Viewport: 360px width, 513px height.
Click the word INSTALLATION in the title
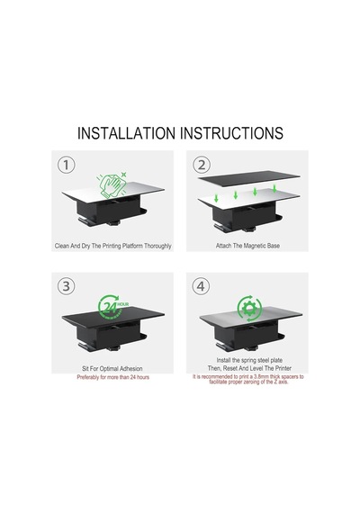(126, 133)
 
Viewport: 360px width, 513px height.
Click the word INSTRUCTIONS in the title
(231, 133)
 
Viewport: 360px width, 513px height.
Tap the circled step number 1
(66, 165)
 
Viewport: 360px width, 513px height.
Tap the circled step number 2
(201, 165)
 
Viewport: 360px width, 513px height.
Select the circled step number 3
(66, 286)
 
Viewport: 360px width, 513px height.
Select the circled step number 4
(201, 286)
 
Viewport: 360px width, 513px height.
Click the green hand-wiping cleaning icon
(112, 185)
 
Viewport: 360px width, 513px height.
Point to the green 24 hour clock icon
(112, 307)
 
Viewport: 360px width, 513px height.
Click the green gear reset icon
(249, 308)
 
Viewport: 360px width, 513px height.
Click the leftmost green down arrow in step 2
(216, 198)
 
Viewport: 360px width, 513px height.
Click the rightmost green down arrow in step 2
(274, 188)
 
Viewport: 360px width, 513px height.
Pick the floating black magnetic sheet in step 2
(248, 178)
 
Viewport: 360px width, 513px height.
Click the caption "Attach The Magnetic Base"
(247, 246)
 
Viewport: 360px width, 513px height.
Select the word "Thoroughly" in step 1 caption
(157, 246)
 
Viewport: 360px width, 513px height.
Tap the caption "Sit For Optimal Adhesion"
(112, 369)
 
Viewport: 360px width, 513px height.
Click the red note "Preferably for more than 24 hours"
(112, 377)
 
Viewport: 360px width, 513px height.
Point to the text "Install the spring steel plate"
(249, 360)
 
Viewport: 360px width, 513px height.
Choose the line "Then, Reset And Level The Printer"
(249, 368)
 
